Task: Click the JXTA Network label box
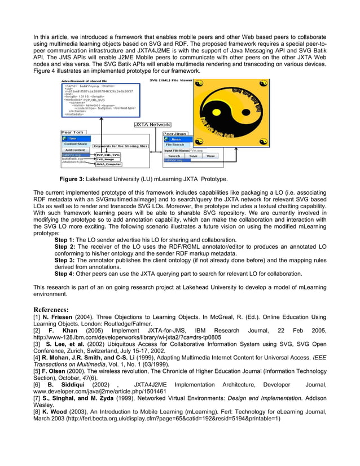[152, 124]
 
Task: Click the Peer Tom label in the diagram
[71, 133]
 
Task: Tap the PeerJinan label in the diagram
[175, 133]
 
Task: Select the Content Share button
[75, 144]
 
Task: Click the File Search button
[175, 144]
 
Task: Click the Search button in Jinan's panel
[174, 156]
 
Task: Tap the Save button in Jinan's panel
[193, 156]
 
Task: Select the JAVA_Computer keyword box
[108, 164]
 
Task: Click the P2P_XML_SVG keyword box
[107, 155]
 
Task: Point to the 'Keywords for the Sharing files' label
[120, 146]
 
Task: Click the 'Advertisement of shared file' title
[85, 81]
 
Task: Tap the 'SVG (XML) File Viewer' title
[171, 81]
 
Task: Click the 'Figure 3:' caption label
[72, 179]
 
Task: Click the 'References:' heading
[51, 310]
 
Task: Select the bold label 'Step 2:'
[64, 247]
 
